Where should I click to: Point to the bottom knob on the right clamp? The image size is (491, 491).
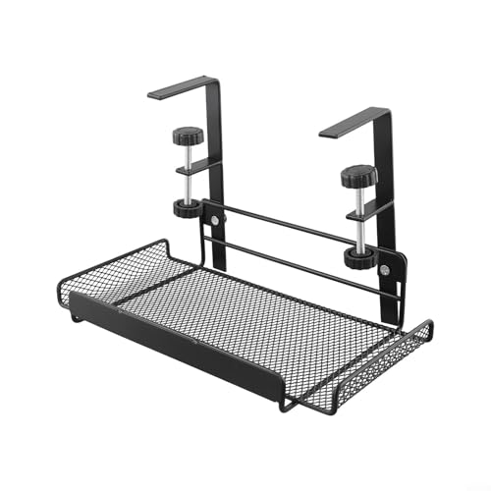357,258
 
